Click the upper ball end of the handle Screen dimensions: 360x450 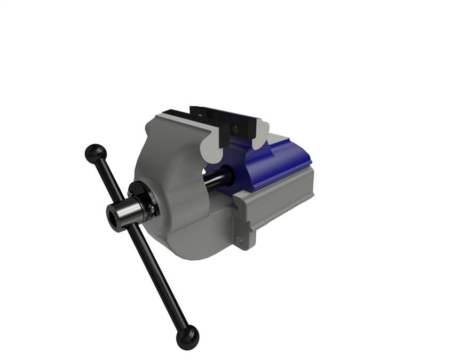pyautogui.click(x=96, y=154)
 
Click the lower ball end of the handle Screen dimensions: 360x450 pyautogui.click(x=187, y=338)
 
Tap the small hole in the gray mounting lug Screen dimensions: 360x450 pyautogui.click(x=241, y=242)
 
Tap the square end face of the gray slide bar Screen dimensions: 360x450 pyautogui.click(x=243, y=213)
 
